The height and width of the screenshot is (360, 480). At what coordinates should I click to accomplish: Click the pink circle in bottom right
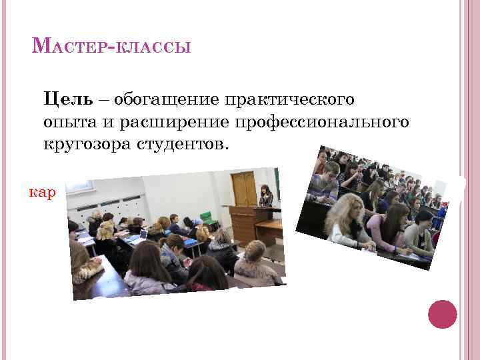click(x=442, y=314)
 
